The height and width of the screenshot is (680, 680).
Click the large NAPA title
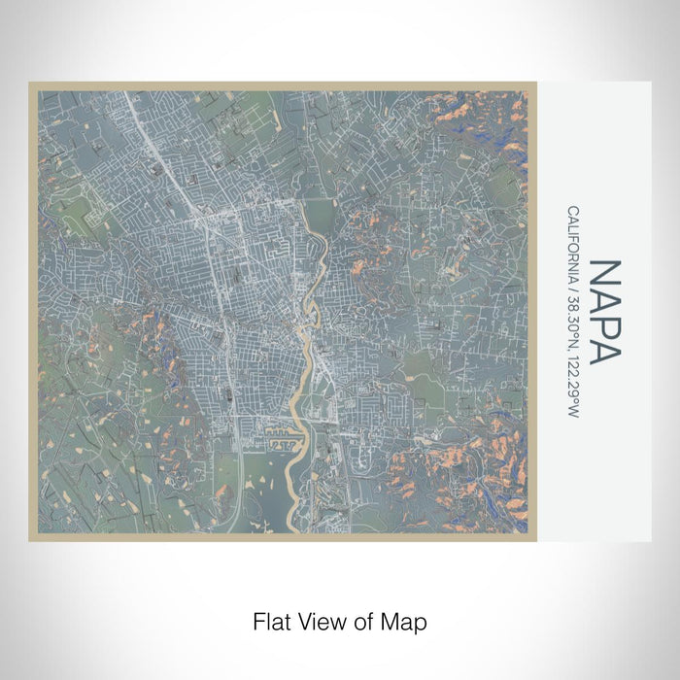coord(603,311)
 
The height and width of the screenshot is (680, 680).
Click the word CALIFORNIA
coord(574,243)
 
